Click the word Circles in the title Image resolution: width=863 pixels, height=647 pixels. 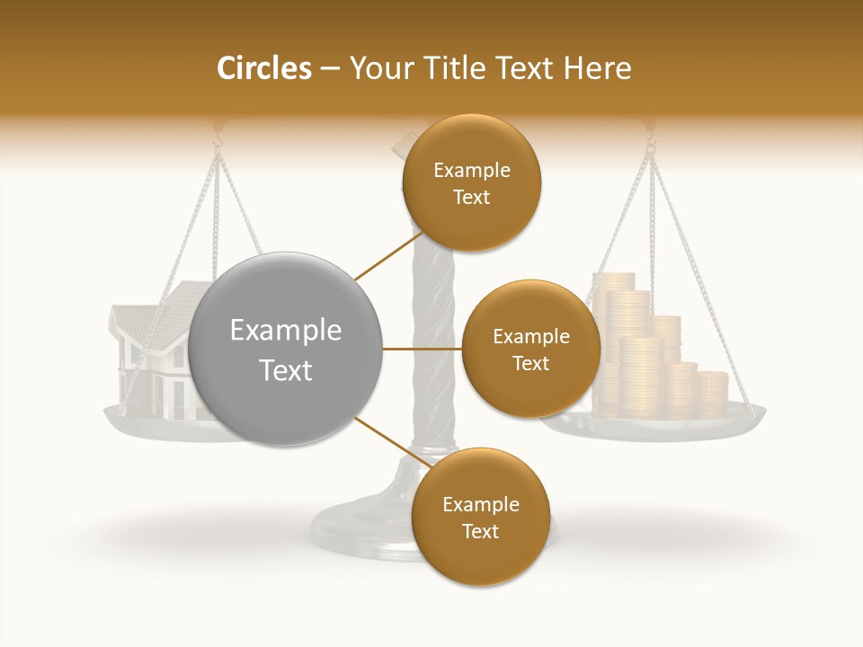[x=263, y=68]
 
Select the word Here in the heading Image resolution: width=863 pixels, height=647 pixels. [x=599, y=68]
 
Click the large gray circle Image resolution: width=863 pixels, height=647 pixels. [x=286, y=349]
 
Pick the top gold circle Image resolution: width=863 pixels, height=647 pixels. [x=471, y=182]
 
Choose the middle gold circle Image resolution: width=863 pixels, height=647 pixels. [x=530, y=349]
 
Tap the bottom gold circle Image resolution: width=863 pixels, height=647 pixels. [x=480, y=517]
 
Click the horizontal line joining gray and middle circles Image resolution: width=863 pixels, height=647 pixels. [x=423, y=349]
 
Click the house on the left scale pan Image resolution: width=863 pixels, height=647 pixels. [x=153, y=359]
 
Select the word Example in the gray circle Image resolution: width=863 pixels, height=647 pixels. [x=286, y=331]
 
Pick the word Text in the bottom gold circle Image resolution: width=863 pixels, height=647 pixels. [x=480, y=531]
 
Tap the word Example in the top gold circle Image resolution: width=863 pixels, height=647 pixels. [x=471, y=171]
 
